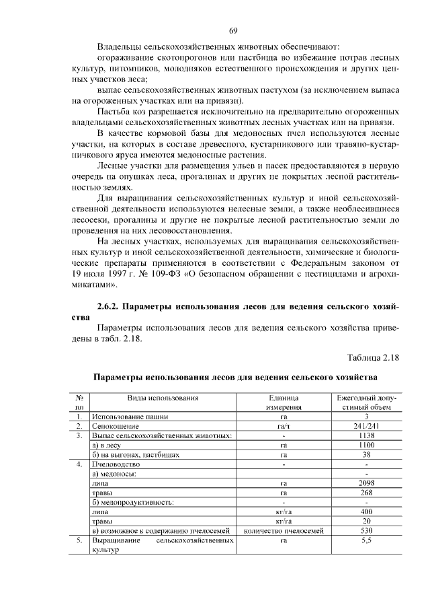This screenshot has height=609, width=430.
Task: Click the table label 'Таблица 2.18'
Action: pos(373,356)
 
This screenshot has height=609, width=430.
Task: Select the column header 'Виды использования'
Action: pos(163,398)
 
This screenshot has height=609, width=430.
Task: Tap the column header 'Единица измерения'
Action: pos(284,402)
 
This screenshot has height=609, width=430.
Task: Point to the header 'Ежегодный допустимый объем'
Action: pos(366,402)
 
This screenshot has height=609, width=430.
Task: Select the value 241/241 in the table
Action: pos(366,426)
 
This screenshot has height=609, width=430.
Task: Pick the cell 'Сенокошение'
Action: pos(115,426)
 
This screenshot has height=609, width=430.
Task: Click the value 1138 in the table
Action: pos(366,435)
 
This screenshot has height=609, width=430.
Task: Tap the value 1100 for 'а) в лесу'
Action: pos(366,445)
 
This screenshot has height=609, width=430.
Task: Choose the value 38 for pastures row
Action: pos(366,454)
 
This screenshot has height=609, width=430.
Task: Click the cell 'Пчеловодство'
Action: pos(116,464)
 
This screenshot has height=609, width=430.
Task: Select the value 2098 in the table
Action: pos(366,483)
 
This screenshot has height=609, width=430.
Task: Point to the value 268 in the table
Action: pos(366,493)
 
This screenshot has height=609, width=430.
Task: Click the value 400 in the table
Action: pos(366,511)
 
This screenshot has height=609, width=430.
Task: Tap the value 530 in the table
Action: pos(366,530)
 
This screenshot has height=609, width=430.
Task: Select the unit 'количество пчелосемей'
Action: pos(284,530)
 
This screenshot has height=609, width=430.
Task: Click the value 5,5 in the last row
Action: pos(366,540)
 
